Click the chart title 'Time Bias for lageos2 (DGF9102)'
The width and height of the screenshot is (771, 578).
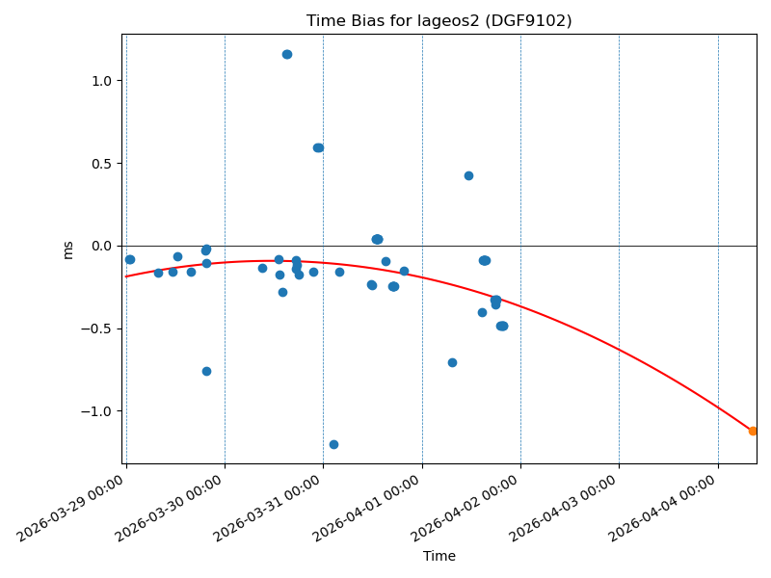coord(439,21)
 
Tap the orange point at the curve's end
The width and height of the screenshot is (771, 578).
coord(753,431)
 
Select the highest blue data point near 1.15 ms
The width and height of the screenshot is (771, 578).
coord(287,54)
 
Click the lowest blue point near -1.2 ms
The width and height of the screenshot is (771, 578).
coord(333,444)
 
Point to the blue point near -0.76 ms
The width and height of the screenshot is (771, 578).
coord(206,371)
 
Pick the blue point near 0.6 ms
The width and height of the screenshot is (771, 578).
coord(318,147)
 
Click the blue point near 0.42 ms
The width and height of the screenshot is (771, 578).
coord(468,175)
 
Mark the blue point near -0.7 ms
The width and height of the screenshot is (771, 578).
coord(452,362)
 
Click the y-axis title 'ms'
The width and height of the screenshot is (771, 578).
coord(67,250)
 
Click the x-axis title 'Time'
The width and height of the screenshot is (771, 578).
coord(439,556)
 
